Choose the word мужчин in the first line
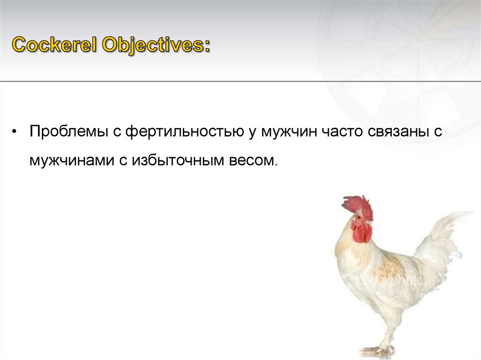289,132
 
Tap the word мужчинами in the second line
72,161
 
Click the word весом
253,161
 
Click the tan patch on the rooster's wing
389,270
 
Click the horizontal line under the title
240,82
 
